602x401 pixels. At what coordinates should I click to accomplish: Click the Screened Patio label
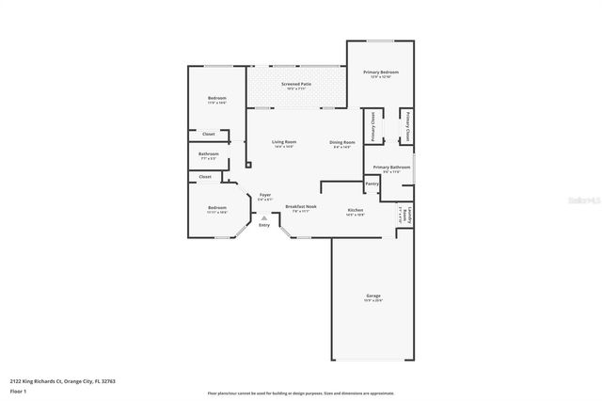[x=295, y=85]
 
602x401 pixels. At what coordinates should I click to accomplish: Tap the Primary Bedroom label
[x=381, y=72]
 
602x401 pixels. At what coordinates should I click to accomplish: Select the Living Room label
[x=284, y=142]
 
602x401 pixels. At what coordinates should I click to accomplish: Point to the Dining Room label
[x=341, y=142]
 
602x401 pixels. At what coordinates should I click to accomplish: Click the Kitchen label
[x=356, y=209]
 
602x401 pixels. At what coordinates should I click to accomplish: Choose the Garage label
[x=373, y=296]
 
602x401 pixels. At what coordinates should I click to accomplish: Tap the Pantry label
[x=372, y=184]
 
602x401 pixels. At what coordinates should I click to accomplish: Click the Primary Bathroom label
[x=387, y=167]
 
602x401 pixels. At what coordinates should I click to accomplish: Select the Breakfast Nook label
[x=301, y=206]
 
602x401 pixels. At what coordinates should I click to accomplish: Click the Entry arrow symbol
[x=263, y=217]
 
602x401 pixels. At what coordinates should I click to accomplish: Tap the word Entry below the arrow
[x=263, y=225]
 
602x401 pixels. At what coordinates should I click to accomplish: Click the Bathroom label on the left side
[x=209, y=153]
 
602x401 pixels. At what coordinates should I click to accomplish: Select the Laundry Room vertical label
[x=408, y=215]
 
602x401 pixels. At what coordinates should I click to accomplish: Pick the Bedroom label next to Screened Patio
[x=217, y=98]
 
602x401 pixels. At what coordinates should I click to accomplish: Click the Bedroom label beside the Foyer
[x=217, y=207]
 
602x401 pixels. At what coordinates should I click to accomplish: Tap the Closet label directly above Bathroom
[x=208, y=134]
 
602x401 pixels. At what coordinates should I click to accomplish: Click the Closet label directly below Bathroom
[x=205, y=176]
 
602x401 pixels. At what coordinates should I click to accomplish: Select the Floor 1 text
[x=17, y=390]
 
